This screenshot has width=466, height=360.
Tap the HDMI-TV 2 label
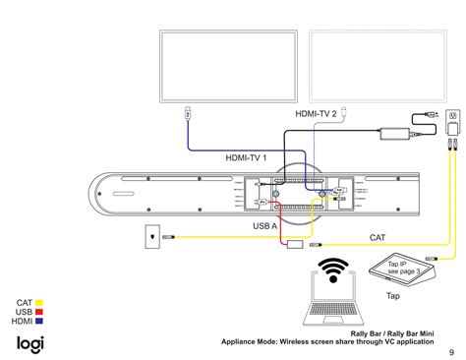click(316, 114)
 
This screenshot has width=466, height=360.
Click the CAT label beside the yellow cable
click(377, 237)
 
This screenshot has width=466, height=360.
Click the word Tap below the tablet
click(391, 295)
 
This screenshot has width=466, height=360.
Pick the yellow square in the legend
click(41, 303)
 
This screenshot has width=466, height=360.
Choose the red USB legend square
click(41, 312)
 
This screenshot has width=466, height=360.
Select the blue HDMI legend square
click(41, 322)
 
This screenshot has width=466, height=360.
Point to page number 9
click(451, 352)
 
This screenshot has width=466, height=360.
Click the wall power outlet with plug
click(453, 116)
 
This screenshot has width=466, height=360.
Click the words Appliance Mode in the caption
click(259, 342)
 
